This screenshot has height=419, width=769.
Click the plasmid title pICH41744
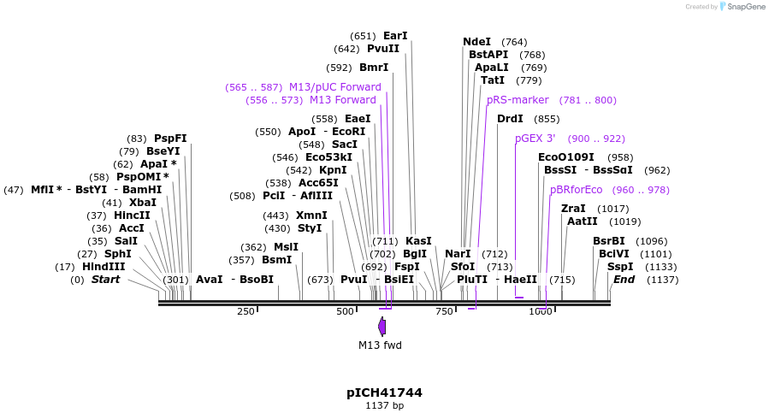coord(384,392)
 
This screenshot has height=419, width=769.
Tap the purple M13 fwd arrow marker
coord(382,326)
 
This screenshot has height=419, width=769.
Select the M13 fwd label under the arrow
coord(380,345)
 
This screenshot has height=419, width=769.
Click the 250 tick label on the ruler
coord(245,311)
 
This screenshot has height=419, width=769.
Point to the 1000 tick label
coord(541,311)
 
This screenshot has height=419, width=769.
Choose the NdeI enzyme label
coord(476,42)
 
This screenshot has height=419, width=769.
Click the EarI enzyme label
coord(395,36)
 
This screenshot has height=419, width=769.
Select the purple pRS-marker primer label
coord(518,100)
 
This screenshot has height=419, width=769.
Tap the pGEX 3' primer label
coord(535,139)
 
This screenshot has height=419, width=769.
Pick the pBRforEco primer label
coord(576,190)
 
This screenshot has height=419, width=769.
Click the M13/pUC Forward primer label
coord(334,87)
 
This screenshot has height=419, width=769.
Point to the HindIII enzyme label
coord(104,267)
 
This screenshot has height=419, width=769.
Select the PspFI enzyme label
coord(170,139)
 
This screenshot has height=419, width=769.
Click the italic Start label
coord(105,280)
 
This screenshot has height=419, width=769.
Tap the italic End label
coord(624,280)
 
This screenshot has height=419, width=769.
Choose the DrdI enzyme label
coord(510,119)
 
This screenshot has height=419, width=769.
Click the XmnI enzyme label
coord(311,215)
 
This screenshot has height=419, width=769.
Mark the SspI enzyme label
coord(620,267)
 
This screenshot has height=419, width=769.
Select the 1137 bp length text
coord(384,405)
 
